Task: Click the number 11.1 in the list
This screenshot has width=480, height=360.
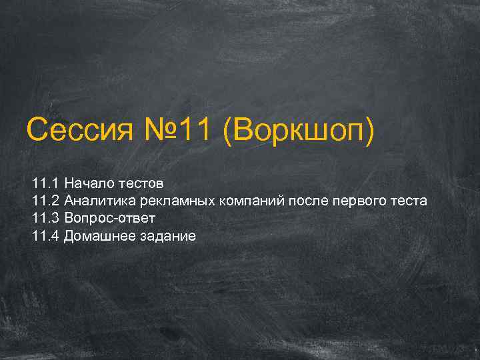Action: coord(45,183)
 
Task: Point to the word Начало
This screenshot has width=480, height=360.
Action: coord(89,183)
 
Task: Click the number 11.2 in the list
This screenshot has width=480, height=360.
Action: coord(45,201)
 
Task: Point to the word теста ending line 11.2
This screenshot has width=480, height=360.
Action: coord(410,201)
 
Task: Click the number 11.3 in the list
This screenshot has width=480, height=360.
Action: coord(45,219)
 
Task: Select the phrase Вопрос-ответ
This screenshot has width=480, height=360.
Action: coord(110,219)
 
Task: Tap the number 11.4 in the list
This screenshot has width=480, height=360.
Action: coord(45,237)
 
